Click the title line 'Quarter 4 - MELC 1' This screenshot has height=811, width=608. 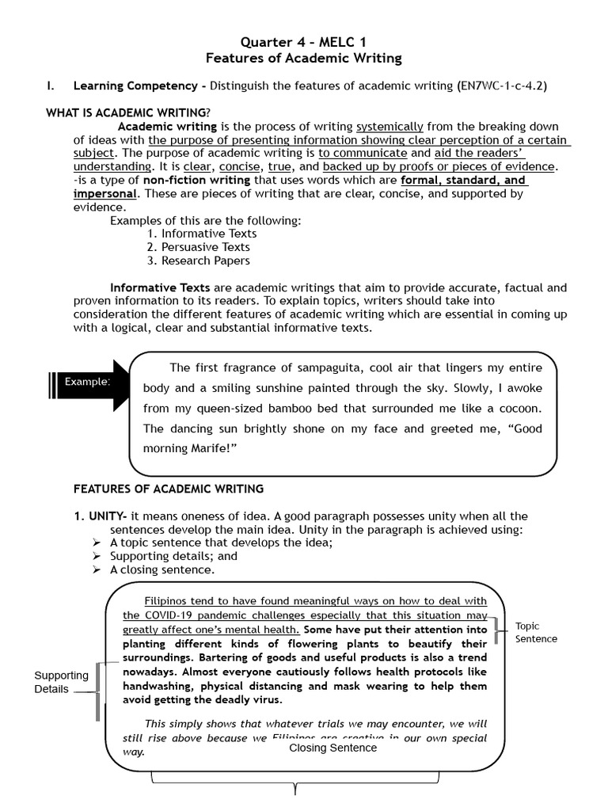[x=304, y=41]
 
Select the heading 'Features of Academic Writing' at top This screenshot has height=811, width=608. [x=304, y=58]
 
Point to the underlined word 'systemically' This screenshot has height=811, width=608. [x=389, y=127]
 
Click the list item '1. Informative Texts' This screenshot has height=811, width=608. [x=202, y=234]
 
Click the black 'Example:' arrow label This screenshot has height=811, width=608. [x=87, y=382]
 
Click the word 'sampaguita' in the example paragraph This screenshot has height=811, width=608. [x=305, y=367]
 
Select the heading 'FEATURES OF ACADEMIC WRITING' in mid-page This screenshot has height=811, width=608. [x=169, y=489]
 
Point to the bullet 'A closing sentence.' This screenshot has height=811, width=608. [x=162, y=569]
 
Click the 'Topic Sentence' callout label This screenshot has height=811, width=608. [x=536, y=632]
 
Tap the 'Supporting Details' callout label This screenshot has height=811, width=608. [x=61, y=682]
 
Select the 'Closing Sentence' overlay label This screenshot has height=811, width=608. [x=332, y=748]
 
